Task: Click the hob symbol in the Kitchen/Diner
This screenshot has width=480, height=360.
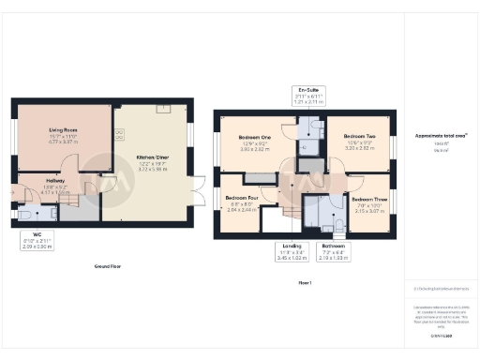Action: click(120, 134)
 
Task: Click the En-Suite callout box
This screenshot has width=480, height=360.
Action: click(308, 96)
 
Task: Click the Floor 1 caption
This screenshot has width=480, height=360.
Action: click(304, 281)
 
